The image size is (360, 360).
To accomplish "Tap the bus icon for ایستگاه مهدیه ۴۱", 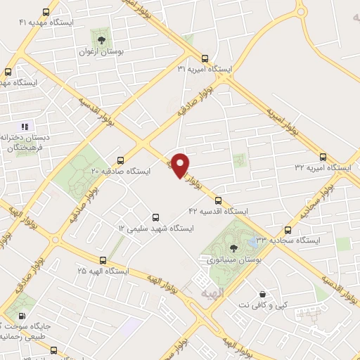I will pos(46,13).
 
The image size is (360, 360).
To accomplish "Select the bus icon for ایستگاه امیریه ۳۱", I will pos(205,58).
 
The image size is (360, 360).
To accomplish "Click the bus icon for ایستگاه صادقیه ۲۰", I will pos(120,160).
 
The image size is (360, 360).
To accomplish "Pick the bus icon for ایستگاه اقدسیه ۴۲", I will pos(218,200).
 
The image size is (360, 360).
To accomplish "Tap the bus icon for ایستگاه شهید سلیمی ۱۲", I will pos(155,217).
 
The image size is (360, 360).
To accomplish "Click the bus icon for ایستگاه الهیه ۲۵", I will pos(103,260).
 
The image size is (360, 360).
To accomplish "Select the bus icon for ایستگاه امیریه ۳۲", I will pos(323,157).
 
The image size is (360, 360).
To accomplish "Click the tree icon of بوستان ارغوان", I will pos(103,39).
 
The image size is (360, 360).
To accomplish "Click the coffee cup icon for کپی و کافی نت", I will pos(262,294).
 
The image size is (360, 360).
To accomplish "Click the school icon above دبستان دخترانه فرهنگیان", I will pos(25,127).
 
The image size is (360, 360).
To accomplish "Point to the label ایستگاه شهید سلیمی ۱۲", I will pos(155,229).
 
